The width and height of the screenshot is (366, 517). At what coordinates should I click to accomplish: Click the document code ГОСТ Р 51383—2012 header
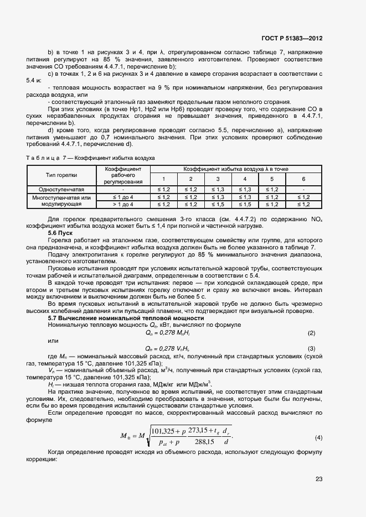[x=292, y=39]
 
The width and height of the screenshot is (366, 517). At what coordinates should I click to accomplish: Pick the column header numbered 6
[x=303, y=179]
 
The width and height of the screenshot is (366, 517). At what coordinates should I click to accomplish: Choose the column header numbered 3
[x=218, y=179]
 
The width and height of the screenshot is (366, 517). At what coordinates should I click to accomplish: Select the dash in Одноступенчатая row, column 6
[x=303, y=189]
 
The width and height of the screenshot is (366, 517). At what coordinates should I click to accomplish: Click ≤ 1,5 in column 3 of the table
[x=218, y=204]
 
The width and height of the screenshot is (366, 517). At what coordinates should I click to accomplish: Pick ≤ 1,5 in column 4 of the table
[x=245, y=204]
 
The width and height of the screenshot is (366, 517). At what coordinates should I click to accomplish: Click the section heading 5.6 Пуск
[x=61, y=234]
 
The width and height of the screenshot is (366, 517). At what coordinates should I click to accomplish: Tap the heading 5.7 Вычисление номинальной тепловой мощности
[x=126, y=318]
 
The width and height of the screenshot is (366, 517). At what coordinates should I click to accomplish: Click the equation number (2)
[x=311, y=333]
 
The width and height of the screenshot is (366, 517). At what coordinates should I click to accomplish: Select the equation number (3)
[x=311, y=348]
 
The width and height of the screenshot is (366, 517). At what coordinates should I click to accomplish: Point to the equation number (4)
[x=318, y=422]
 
